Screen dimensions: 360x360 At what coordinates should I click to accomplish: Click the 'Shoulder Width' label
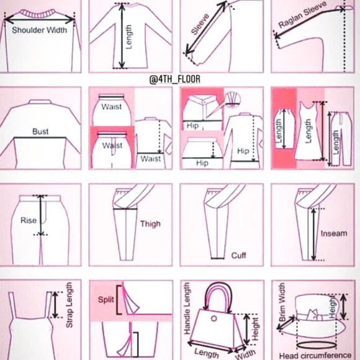40,30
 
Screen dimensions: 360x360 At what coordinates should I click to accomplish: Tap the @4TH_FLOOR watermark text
174,79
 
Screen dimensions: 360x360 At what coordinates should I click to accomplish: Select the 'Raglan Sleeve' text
302,14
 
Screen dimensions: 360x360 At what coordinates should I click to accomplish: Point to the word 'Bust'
40,132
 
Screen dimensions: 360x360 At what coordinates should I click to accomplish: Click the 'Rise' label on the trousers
29,220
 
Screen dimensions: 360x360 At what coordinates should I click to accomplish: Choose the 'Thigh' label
150,224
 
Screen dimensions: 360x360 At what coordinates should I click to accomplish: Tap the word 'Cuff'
238,255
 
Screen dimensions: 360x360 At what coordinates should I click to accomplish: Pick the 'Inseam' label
334,233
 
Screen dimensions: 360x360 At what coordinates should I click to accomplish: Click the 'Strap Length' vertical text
69,305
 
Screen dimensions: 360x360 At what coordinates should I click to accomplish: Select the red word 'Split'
106,300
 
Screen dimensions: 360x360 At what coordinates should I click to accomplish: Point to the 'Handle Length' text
187,308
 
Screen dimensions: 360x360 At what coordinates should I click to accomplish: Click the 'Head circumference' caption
315,356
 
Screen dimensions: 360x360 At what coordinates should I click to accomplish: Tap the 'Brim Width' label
282,302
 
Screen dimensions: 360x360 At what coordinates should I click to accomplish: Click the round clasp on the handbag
214,318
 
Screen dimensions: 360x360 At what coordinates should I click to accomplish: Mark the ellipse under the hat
317,345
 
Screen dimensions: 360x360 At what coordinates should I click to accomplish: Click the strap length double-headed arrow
55,305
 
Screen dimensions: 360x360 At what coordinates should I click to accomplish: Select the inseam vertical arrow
313,235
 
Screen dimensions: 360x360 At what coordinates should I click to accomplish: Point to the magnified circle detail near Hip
232,100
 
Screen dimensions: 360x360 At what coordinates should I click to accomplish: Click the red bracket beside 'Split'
119,300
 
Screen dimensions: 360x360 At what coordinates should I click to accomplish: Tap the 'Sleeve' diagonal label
200,24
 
